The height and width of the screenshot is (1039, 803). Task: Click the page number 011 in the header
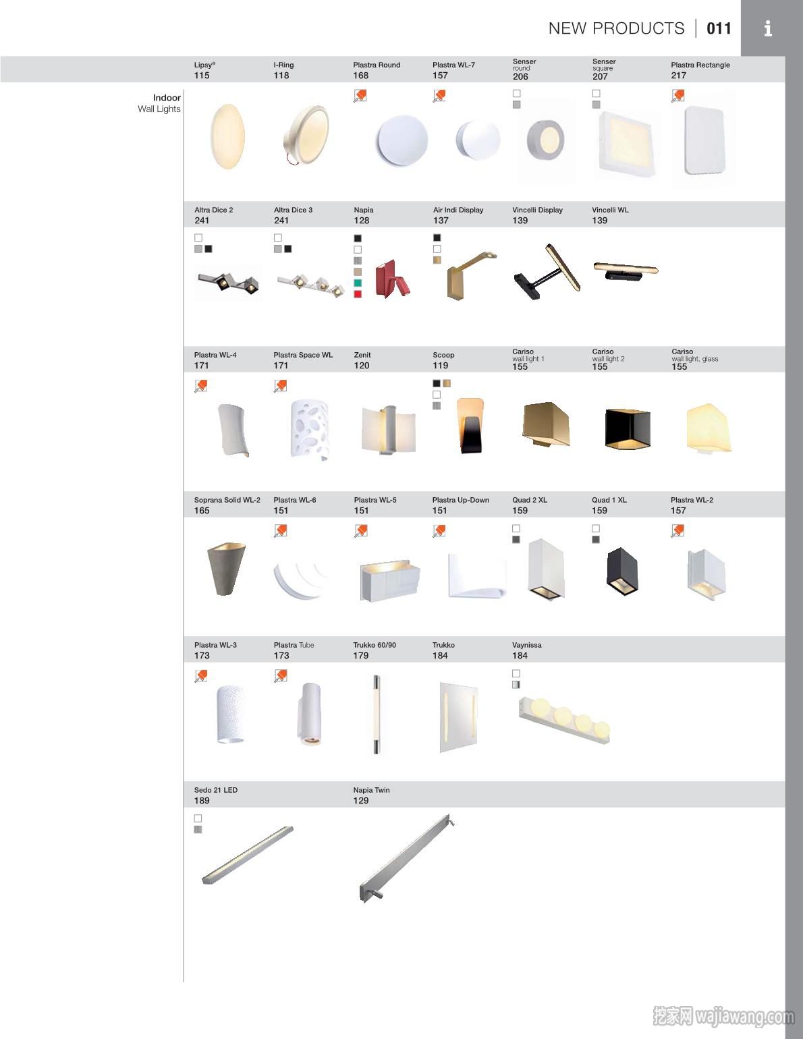[x=719, y=28]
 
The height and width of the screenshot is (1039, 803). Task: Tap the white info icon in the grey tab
[x=768, y=28]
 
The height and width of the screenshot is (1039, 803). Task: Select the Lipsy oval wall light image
[x=227, y=137]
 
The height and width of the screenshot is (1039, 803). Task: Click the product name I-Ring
[x=283, y=65]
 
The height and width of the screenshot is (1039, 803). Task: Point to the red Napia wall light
[x=392, y=279]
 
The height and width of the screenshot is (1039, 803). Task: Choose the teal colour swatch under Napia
[x=357, y=283]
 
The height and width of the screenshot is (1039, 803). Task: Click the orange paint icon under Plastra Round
[x=360, y=96]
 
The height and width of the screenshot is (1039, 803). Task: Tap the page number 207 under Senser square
[x=600, y=76]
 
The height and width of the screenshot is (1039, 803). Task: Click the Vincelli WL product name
[x=610, y=210]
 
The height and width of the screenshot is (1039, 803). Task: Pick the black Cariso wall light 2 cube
[x=627, y=429]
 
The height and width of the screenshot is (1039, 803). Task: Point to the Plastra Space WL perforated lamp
[x=310, y=430]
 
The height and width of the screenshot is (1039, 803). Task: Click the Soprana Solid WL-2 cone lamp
[x=226, y=569]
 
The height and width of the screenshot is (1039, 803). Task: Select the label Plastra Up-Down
[x=461, y=500]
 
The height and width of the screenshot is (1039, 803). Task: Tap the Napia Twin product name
[x=372, y=790]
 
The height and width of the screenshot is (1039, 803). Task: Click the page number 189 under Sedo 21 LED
[x=202, y=801]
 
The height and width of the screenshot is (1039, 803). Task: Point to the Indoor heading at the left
[x=167, y=98]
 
